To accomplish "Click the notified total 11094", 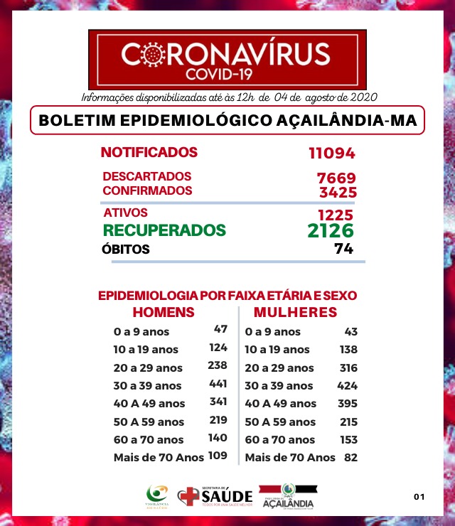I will (331, 153).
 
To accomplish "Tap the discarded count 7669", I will (336, 178).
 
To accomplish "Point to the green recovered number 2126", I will (331, 230).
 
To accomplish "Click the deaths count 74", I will (344, 249).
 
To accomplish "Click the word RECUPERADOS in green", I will (165, 230).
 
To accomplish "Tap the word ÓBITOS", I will (126, 249).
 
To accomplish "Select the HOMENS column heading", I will (164, 313).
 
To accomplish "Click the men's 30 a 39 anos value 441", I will (218, 384).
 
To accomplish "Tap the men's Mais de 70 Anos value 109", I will (217, 455).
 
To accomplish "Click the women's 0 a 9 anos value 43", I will (350, 331).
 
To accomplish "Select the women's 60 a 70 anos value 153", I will (348, 439).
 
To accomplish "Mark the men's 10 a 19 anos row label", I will (146, 350).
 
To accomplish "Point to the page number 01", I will (419, 496).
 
